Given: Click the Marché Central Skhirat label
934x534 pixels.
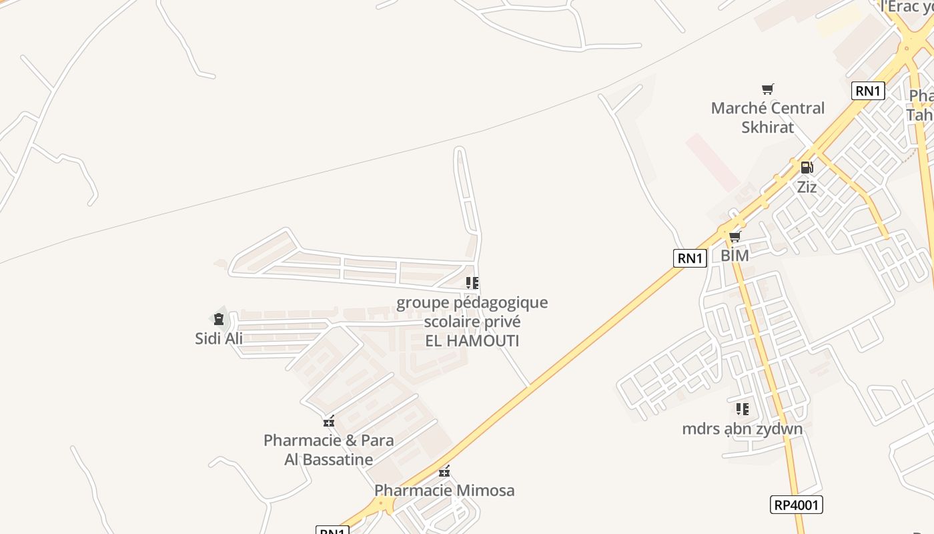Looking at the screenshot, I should (767, 117).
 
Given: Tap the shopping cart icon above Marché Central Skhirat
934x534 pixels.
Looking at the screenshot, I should (768, 89).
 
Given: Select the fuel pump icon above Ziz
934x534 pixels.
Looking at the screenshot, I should (807, 168).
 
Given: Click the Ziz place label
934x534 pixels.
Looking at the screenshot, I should (807, 187).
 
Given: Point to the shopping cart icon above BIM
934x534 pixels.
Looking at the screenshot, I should (735, 236).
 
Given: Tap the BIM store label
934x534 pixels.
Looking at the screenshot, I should (735, 256).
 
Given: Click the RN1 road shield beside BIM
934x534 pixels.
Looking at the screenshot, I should (690, 258).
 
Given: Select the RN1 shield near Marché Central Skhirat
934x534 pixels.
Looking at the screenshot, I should (868, 91).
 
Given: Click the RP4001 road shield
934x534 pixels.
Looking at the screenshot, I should (797, 505).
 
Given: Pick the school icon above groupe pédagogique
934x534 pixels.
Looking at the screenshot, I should (472, 283).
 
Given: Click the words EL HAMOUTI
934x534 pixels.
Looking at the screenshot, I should (472, 341).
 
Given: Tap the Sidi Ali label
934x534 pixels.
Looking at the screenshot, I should (219, 338).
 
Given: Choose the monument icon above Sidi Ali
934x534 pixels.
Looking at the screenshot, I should (219, 319).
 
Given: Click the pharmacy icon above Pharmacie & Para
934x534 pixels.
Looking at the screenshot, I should (328, 421).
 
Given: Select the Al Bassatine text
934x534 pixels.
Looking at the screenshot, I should (329, 460).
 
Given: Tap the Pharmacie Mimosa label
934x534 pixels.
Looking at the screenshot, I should (444, 491).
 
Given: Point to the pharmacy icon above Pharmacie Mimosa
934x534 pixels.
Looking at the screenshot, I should (444, 471).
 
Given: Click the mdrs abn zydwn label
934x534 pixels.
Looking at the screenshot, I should (742, 429).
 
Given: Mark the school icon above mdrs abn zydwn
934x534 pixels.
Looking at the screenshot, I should (742, 409).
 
